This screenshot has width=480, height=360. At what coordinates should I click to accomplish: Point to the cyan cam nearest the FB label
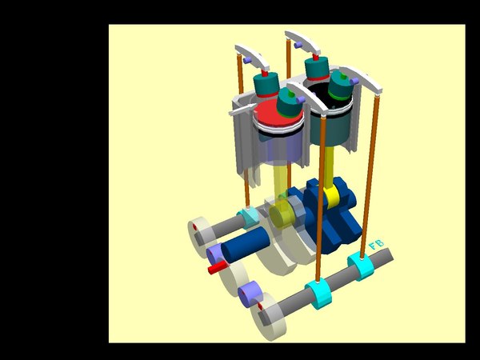[361, 266]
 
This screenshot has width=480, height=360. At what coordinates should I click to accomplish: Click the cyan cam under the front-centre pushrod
[319, 296]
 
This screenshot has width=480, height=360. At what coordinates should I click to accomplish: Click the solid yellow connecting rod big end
[332, 194]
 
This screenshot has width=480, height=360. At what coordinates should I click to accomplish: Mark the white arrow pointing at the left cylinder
[240, 113]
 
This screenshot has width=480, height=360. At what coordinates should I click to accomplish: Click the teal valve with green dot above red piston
[290, 103]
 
